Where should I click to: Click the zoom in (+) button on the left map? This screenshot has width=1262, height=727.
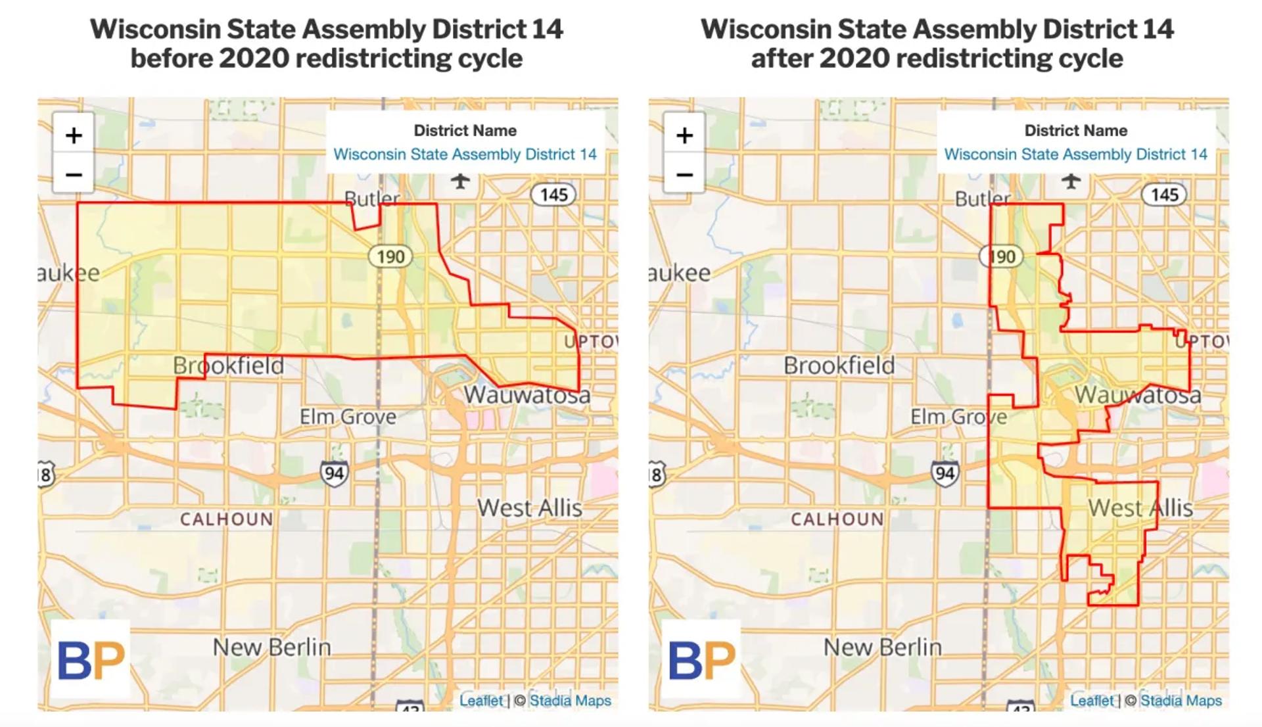(74, 135)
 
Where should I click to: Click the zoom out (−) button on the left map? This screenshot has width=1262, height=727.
(74, 175)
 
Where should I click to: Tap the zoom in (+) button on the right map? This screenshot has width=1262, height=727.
(684, 135)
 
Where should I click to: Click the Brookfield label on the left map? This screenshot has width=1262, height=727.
(229, 365)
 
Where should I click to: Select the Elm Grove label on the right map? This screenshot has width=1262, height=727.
(958, 417)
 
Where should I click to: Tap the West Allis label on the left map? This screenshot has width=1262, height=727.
(530, 508)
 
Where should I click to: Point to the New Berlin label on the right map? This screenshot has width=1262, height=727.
(883, 647)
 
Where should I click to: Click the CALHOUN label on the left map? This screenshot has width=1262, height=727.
(227, 519)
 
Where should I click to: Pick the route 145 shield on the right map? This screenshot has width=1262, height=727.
(1164, 195)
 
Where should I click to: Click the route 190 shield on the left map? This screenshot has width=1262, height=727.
(390, 256)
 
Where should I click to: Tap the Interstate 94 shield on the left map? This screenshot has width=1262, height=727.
(334, 473)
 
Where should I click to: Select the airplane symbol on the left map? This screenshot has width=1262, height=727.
(460, 180)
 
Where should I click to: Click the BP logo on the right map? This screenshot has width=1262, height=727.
(701, 659)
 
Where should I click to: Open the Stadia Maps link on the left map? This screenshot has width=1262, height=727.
(570, 701)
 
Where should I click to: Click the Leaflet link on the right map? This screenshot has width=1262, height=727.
(1092, 701)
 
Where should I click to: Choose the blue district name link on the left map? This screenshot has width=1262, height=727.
(465, 154)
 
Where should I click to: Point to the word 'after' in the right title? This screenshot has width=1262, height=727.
(781, 59)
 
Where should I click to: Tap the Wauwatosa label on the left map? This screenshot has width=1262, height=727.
(527, 395)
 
